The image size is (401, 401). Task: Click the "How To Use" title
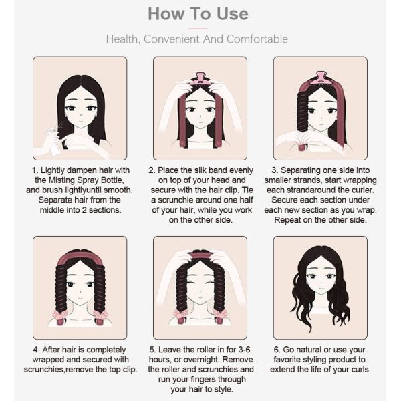click(x=198, y=14)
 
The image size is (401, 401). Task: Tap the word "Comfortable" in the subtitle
click(x=257, y=39)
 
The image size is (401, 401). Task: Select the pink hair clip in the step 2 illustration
click(x=200, y=79)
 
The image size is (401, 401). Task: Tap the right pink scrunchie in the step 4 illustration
click(x=100, y=317)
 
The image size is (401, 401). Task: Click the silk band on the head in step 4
click(x=80, y=258)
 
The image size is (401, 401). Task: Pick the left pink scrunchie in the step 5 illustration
click(x=181, y=317)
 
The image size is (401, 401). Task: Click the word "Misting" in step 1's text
click(x=61, y=180)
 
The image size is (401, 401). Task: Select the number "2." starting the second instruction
click(x=152, y=170)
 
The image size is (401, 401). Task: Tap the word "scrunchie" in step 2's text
click(x=176, y=200)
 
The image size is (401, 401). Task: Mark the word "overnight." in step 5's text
click(x=202, y=360)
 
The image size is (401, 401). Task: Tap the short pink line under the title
click(x=198, y=29)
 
